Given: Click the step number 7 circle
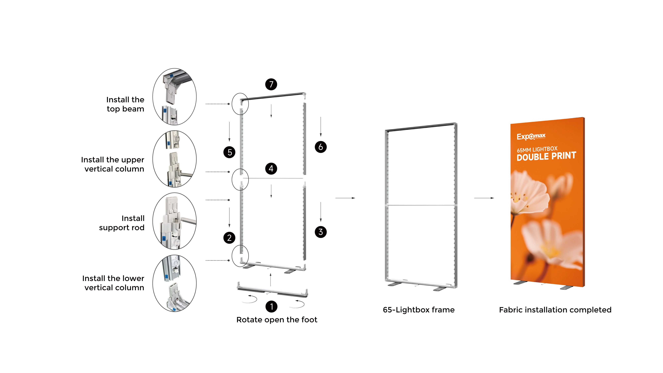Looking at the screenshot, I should (271, 84).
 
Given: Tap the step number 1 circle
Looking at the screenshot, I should (271, 306).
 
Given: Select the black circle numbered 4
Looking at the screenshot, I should (271, 169).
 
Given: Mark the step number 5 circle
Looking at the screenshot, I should (229, 152).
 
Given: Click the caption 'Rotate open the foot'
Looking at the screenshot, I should (277, 320).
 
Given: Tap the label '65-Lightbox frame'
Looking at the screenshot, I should (419, 310).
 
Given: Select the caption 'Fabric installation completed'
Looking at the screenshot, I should (555, 310).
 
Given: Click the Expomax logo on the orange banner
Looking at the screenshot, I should (531, 136).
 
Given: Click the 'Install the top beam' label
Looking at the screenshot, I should (125, 104).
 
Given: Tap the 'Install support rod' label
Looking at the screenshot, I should (122, 223).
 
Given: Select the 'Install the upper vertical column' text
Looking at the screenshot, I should (113, 164).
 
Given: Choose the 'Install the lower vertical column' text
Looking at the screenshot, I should (113, 283).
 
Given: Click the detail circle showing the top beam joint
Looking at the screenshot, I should (175, 97).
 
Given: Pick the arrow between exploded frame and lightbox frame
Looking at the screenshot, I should (345, 198).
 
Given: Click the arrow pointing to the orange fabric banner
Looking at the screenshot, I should (484, 198).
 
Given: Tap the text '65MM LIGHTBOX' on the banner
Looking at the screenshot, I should (537, 150).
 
